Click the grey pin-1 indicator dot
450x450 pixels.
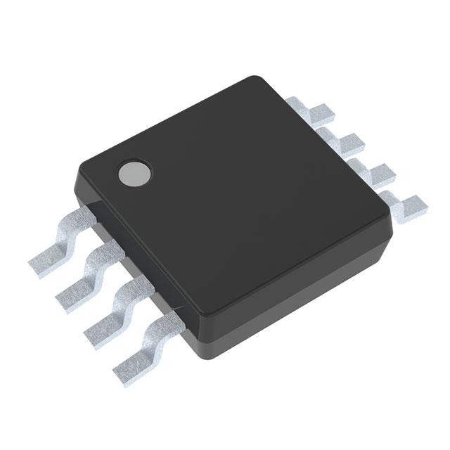[134, 172]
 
